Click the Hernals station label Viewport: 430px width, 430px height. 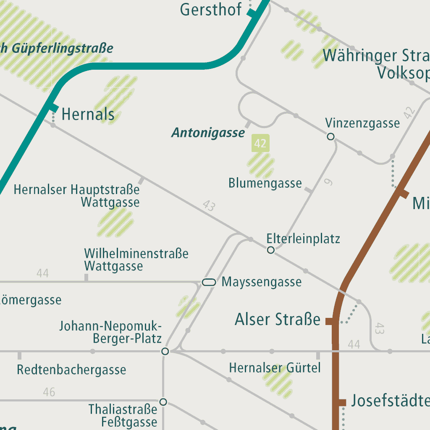[88, 114]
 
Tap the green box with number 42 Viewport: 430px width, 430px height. [260, 144]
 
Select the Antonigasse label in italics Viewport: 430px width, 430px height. [208, 134]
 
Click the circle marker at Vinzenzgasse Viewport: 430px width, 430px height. [330, 136]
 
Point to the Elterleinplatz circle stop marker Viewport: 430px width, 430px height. [271, 250]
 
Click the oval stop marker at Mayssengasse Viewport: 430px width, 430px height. [209, 282]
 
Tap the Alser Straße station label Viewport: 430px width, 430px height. [278, 320]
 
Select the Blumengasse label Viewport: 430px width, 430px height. [265, 184]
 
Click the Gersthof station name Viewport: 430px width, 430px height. [211, 9]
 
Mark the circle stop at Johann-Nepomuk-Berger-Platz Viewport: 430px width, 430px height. [165, 351]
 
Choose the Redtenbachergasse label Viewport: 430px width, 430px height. [71, 370]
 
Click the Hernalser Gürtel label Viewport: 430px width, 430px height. [275, 368]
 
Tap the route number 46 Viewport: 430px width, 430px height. [49, 392]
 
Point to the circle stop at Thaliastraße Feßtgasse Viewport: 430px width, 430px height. [163, 402]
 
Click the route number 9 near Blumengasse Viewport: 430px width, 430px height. [328, 182]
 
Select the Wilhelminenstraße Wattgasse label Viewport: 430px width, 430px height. [136, 260]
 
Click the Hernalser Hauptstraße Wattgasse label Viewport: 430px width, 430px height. [76, 196]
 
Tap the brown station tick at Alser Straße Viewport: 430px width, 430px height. [330, 322]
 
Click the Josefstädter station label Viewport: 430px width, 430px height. [390, 401]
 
